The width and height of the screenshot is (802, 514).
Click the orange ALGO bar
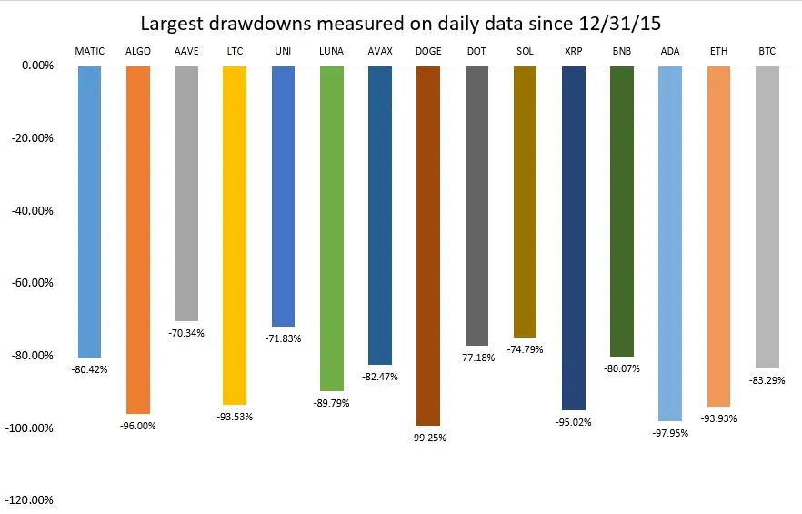coord(138,239)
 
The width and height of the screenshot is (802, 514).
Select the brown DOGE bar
coord(428,246)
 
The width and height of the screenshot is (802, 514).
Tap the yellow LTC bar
coord(235,236)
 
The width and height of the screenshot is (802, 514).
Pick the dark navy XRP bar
coord(574,238)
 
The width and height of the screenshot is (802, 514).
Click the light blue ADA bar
coord(670,244)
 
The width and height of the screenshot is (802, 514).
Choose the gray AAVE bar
coord(186,194)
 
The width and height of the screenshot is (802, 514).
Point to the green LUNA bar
coord(331,228)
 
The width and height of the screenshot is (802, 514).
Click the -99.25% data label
coord(428,438)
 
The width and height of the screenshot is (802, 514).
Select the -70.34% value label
coord(186,333)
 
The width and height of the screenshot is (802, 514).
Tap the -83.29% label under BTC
coord(767,380)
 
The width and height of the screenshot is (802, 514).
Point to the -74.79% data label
coord(525,349)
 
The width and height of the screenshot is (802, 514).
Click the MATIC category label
coord(89,51)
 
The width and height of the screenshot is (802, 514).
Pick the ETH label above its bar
coord(718,51)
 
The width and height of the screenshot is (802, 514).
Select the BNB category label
coord(622,51)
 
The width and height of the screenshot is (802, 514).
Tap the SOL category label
coord(525,51)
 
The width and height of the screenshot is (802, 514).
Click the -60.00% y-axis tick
coord(32,283)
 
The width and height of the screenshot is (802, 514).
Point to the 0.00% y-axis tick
coord(37,66)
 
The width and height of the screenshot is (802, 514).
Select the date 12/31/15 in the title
coord(620,24)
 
